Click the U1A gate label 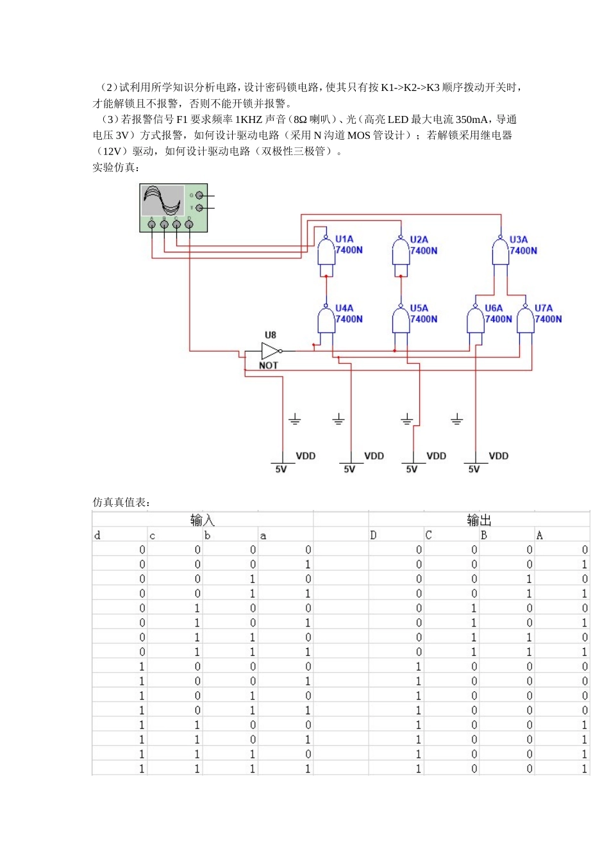click(x=344, y=239)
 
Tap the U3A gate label click(x=519, y=239)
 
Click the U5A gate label click(x=419, y=308)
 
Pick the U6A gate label click(x=494, y=308)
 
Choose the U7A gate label click(x=544, y=308)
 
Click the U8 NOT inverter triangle click(x=271, y=350)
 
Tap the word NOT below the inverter click(x=269, y=365)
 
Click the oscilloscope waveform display click(x=163, y=201)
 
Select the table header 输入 click(x=202, y=520)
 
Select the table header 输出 click(x=479, y=520)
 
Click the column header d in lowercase click(x=97, y=536)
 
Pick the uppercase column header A click(x=539, y=536)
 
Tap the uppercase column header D click(x=373, y=536)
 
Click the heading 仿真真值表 click(x=121, y=502)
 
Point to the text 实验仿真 click(x=115, y=167)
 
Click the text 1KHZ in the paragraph click(x=249, y=120)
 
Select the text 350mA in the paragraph click(x=473, y=120)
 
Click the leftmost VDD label click(x=305, y=456)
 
